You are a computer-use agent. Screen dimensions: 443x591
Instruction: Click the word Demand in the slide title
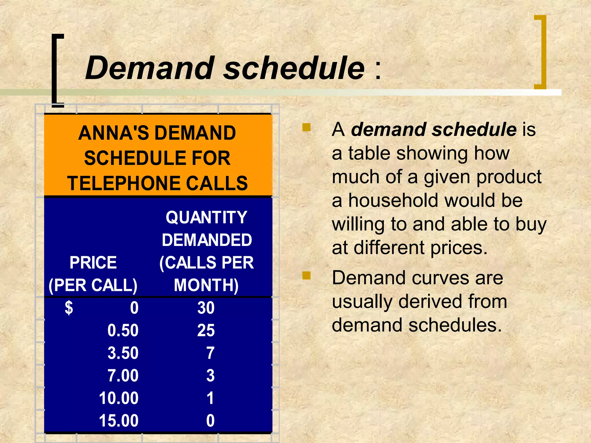point(150,68)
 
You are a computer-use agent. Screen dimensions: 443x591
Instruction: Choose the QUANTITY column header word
point(206,217)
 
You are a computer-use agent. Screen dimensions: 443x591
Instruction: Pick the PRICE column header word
point(93,263)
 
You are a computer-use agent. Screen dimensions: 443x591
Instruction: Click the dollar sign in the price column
point(69,308)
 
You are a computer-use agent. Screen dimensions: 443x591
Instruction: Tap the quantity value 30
point(206,308)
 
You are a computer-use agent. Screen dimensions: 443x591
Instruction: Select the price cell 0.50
point(123,331)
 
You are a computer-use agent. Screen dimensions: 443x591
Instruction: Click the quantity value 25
point(206,331)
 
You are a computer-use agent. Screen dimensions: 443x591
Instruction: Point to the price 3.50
point(123,353)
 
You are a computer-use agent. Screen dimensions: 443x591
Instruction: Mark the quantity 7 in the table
point(210,353)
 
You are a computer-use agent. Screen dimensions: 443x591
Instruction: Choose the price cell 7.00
point(123,376)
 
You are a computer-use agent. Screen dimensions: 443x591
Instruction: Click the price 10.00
point(119,398)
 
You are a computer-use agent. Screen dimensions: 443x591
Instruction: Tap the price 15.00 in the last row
point(119,421)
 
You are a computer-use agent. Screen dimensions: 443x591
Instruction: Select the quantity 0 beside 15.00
point(210,421)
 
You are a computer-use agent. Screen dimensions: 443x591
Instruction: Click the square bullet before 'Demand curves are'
point(306,275)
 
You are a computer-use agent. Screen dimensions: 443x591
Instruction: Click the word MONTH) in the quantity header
point(206,285)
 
